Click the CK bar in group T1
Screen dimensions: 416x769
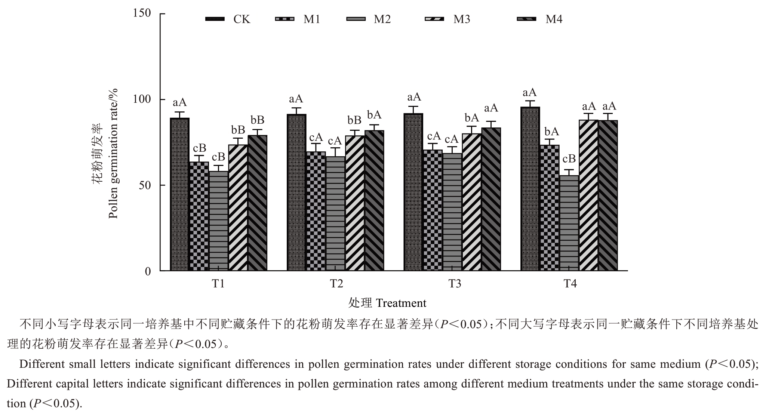(180, 194)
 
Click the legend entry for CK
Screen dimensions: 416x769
(228, 19)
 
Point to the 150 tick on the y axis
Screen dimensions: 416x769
(142, 13)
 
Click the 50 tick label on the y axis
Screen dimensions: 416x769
(145, 185)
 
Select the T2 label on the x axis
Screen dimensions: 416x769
(336, 284)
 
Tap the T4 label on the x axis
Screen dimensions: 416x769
(570, 284)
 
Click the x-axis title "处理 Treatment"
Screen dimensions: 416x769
(387, 303)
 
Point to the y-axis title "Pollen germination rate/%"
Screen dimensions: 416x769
(113, 153)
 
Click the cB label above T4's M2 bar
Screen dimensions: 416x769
(569, 159)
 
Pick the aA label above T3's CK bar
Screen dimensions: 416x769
(414, 97)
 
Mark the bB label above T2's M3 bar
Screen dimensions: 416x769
(354, 120)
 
